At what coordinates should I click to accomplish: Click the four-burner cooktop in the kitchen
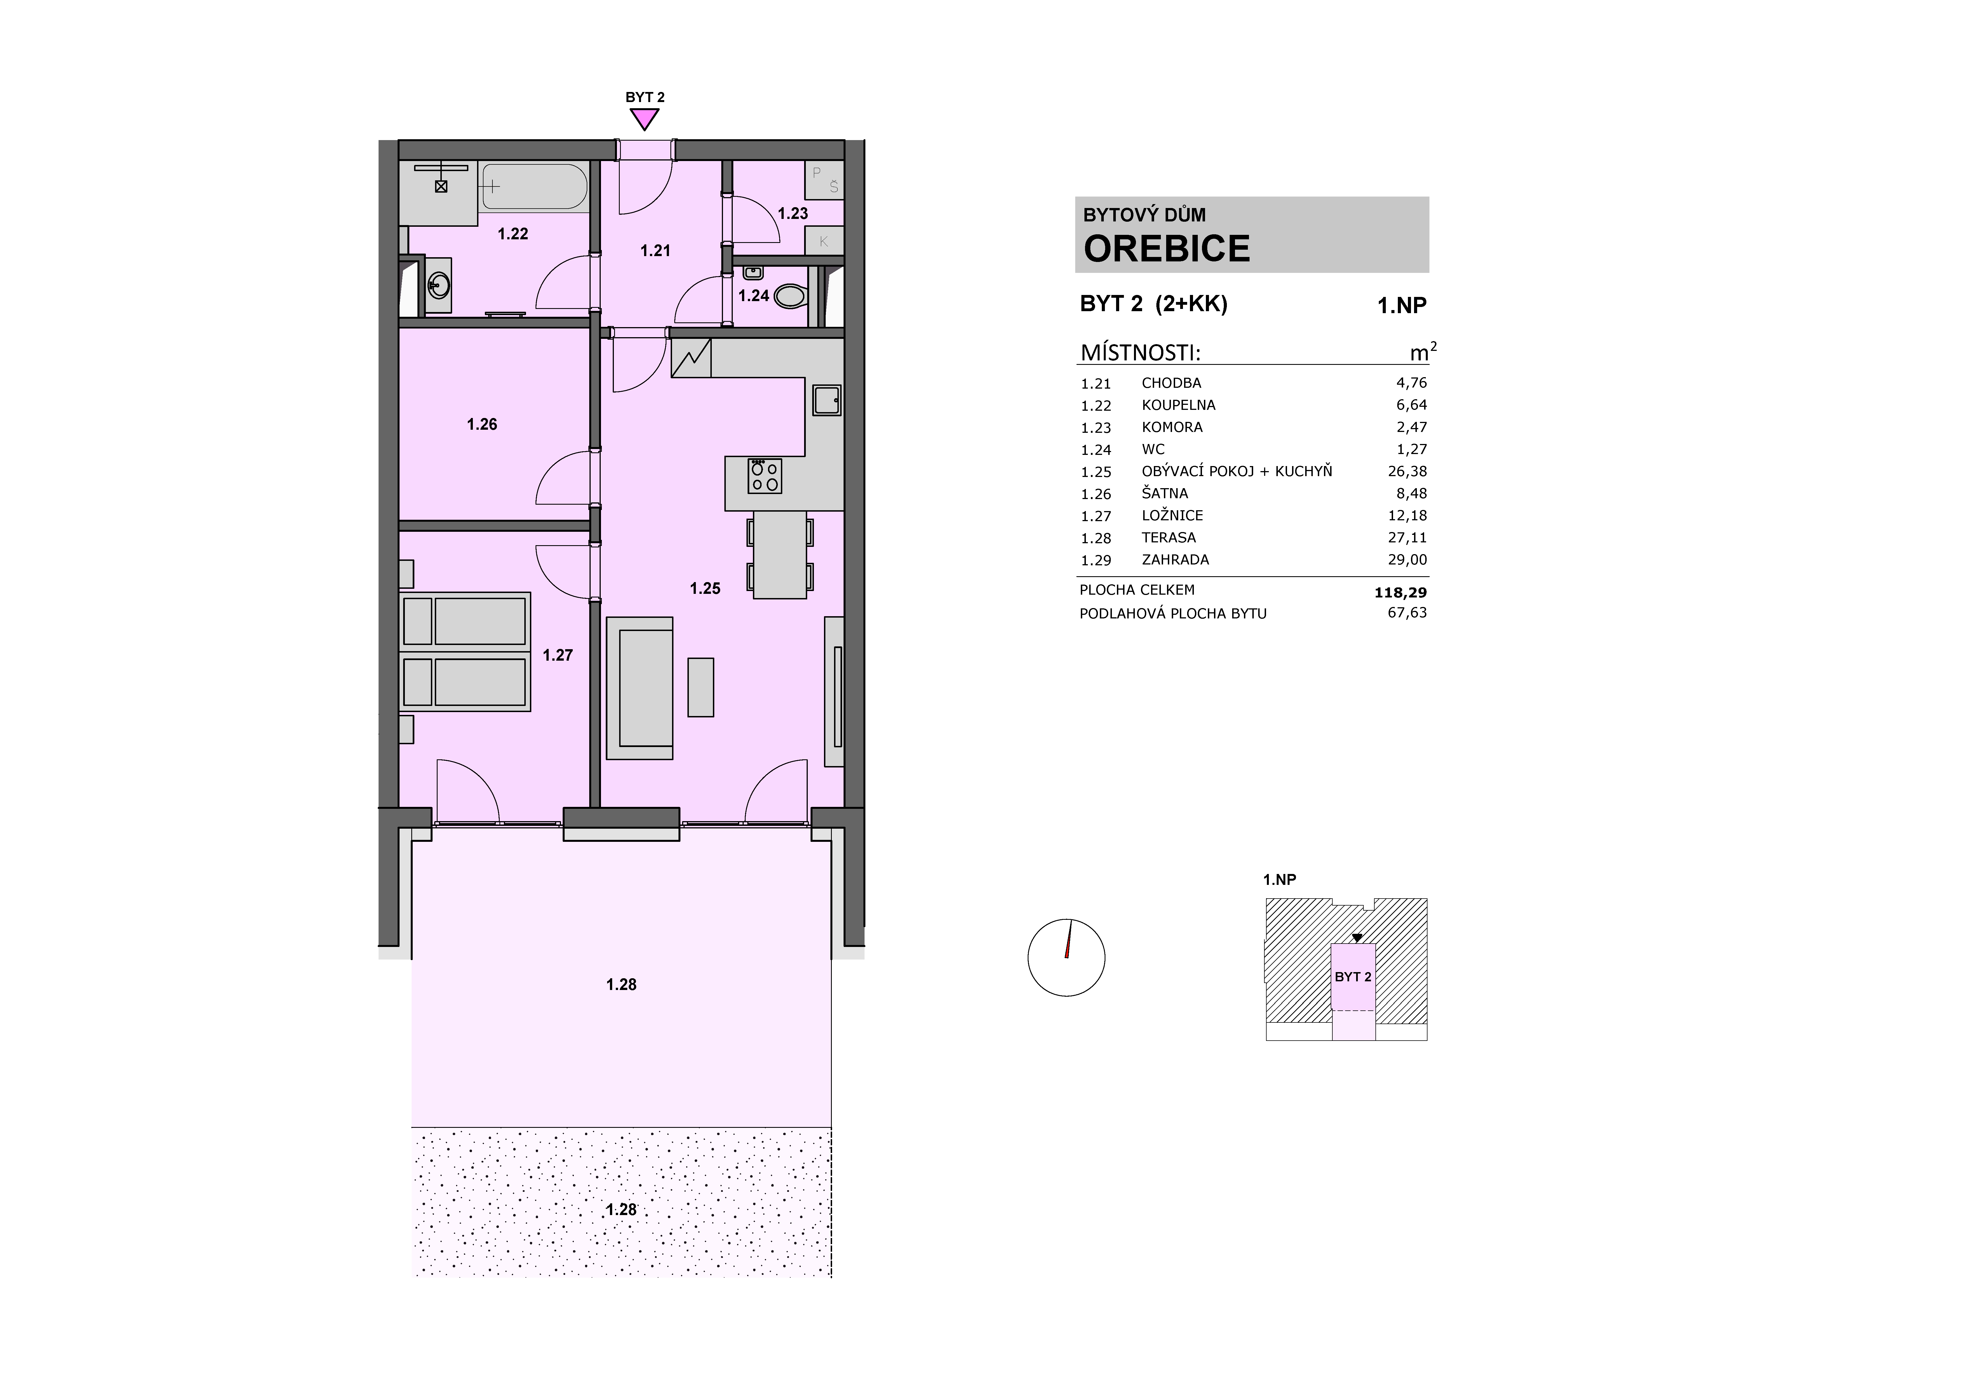pyautogui.click(x=764, y=476)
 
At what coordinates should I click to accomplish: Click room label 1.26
pyautogui.click(x=482, y=424)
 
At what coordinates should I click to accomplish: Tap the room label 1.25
pyautogui.click(x=705, y=588)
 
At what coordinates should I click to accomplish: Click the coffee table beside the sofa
pyautogui.click(x=701, y=687)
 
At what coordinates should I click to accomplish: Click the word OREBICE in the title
pyautogui.click(x=1167, y=249)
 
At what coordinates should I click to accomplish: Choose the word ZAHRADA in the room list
pyautogui.click(x=1176, y=560)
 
